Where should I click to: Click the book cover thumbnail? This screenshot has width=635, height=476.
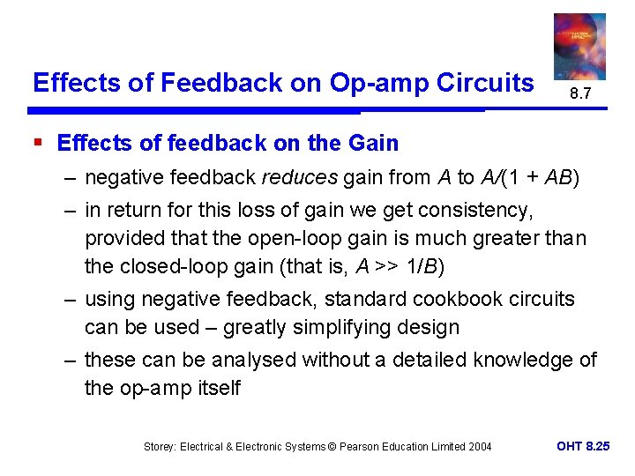tap(579, 46)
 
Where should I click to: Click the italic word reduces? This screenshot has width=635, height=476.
tap(300, 178)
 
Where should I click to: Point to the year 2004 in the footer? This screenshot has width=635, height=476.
tap(477, 447)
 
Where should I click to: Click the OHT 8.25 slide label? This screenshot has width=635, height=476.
tap(583, 446)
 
